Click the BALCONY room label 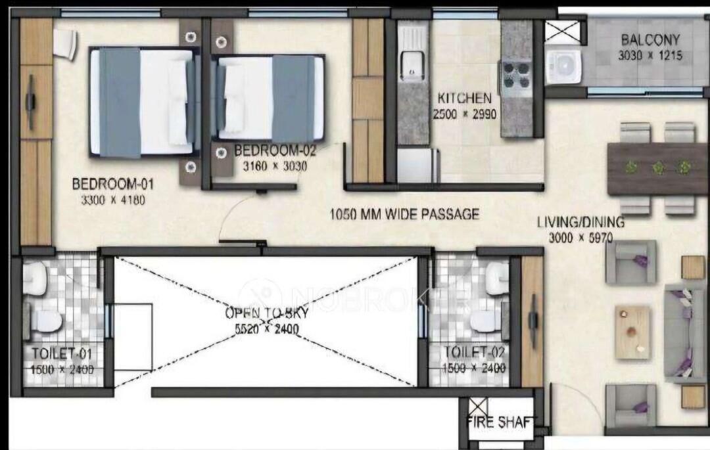click(650, 40)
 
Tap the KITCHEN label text click(464, 98)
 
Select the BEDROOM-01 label click(113, 184)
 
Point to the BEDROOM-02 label click(275, 150)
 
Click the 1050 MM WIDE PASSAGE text click(404, 214)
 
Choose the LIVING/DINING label click(580, 222)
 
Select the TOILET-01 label click(61, 353)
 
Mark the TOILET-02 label click(473, 351)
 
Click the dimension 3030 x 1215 click(650, 56)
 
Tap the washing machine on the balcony click(563, 67)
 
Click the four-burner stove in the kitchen click(515, 75)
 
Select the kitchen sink click(412, 64)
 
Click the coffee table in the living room click(632, 332)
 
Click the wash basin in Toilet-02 click(497, 273)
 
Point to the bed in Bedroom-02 click(268, 99)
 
